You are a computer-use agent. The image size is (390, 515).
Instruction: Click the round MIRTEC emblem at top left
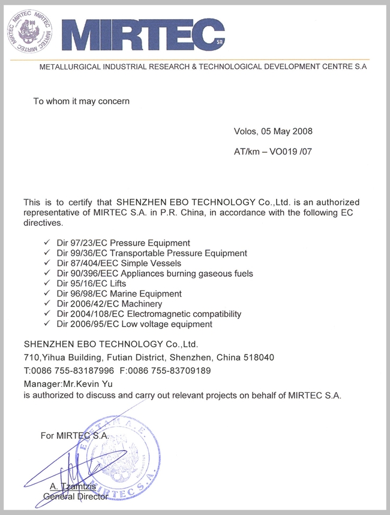(x=29, y=31)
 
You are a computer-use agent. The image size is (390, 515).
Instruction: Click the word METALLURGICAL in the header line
(x=72, y=68)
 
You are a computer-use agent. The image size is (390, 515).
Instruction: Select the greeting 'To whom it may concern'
(x=81, y=101)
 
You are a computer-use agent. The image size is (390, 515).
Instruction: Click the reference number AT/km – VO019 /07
(x=273, y=152)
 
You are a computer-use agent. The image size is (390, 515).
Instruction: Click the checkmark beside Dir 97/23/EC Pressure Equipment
(x=48, y=243)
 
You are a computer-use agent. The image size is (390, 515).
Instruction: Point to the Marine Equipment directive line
(x=119, y=294)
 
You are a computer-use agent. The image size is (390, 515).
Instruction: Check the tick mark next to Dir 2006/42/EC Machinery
(x=48, y=304)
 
